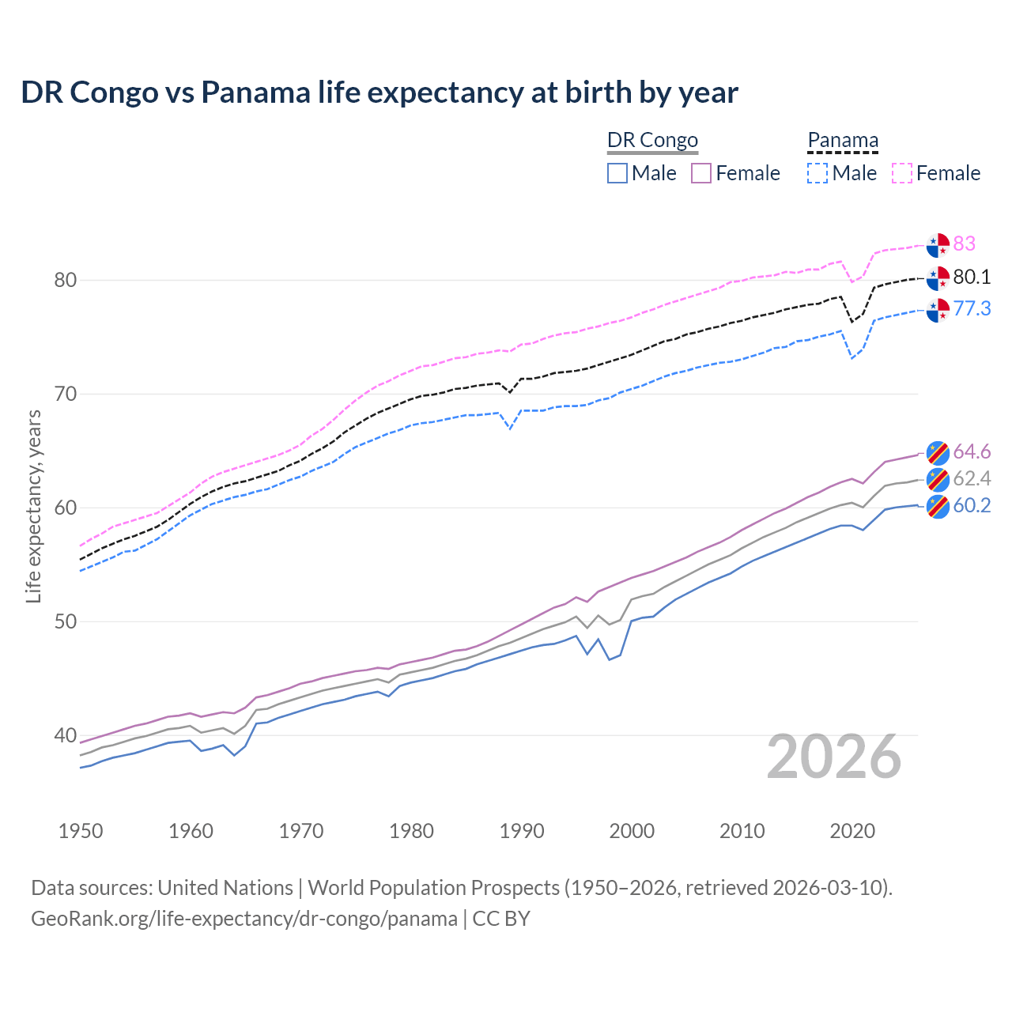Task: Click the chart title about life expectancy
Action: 379,93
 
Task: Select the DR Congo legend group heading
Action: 652,140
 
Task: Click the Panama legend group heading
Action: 843,140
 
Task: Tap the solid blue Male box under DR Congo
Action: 617,173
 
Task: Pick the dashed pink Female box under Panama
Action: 902,173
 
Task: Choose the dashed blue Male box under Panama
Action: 818,173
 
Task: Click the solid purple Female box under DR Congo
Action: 701,173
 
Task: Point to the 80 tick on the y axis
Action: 66,280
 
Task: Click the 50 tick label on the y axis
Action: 66,621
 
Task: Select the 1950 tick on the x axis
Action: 81,831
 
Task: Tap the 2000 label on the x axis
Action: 632,831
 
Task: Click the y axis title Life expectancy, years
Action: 33,506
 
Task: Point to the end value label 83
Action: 964,244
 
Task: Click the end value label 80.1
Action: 972,277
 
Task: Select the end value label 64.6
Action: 972,451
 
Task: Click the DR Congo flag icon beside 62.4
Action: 938,479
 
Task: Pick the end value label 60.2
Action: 972,506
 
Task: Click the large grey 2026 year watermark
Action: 834,757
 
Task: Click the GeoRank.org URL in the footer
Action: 244,919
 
